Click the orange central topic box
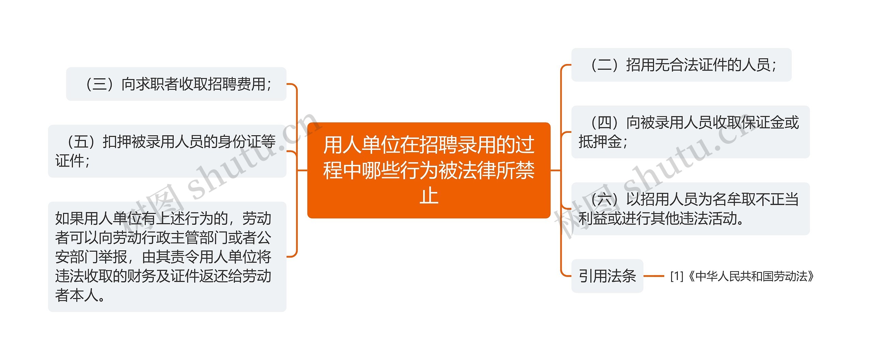click(429, 170)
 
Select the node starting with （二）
click(681, 65)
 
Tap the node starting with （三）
click(176, 84)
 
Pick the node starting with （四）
click(690, 132)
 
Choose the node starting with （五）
click(167, 151)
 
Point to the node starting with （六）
click(690, 209)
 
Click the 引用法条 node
click(607, 276)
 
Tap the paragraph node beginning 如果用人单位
click(167, 257)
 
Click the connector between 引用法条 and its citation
click(654, 276)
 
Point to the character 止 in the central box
click(429, 196)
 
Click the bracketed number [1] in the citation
click(677, 276)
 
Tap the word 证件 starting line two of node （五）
click(69, 161)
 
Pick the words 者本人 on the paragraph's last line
click(77, 295)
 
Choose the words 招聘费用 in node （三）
click(237, 84)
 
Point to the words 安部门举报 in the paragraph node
click(91, 257)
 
